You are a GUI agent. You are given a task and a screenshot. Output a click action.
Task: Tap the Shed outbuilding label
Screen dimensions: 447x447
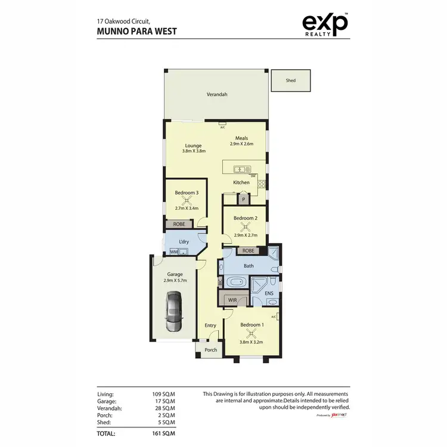click(x=291, y=80)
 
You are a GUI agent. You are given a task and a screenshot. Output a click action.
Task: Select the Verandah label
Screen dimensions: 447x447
click(x=217, y=95)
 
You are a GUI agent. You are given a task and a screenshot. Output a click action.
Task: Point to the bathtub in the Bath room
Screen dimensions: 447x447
click(x=236, y=282)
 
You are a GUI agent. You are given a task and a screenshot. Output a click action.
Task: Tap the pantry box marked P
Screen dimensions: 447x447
click(x=243, y=200)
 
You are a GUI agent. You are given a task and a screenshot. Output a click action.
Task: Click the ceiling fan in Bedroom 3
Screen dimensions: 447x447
click(x=186, y=200)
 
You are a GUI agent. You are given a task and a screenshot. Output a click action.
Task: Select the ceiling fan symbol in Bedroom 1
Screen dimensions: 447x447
click(x=252, y=333)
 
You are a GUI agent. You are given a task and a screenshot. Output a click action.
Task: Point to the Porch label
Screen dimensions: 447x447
click(x=211, y=350)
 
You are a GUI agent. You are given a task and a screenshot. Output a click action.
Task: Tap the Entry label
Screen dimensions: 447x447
click(x=210, y=325)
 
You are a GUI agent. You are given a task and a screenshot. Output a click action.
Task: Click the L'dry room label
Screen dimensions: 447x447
click(x=184, y=241)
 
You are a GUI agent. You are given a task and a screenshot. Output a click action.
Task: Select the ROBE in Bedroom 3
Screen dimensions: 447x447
click(x=179, y=224)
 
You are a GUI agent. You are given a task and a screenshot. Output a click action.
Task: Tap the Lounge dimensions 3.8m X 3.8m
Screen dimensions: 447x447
click(x=194, y=151)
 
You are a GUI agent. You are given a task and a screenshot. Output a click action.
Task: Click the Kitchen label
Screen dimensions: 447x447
click(x=241, y=182)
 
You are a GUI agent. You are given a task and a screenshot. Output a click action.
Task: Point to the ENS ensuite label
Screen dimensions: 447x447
click(x=269, y=293)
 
